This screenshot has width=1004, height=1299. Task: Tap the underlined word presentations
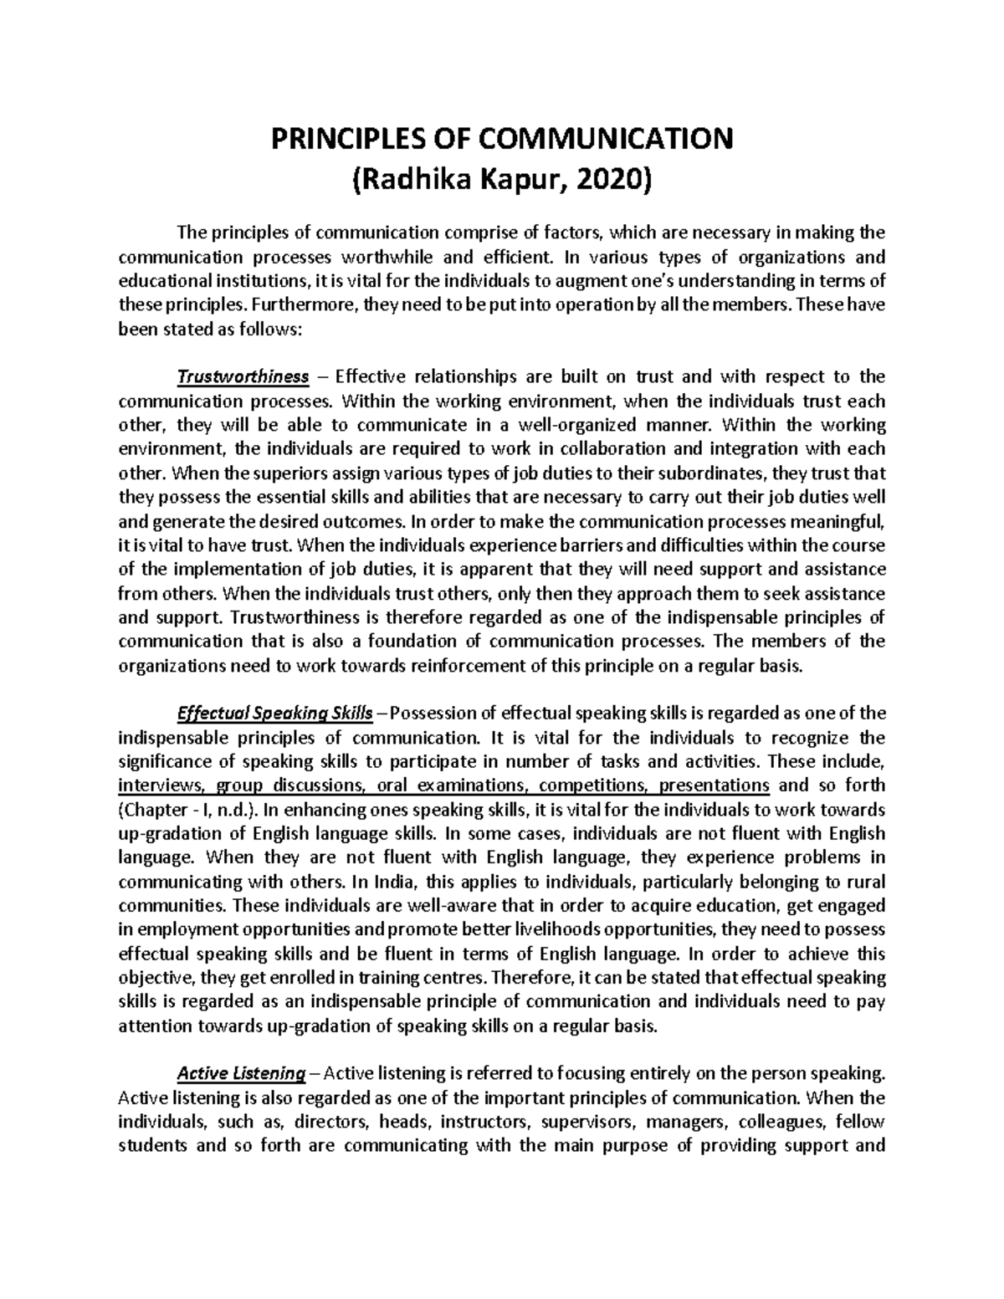714,786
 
